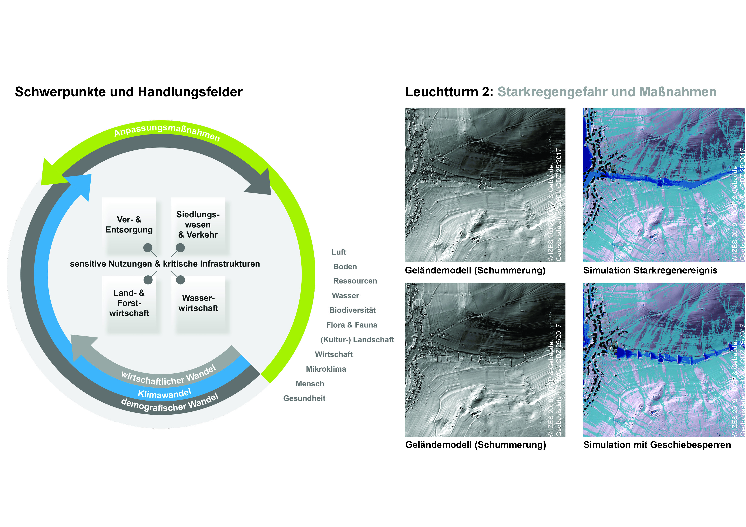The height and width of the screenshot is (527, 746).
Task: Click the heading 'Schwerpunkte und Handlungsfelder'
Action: click(129, 92)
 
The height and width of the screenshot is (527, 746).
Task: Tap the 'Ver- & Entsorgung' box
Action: click(129, 225)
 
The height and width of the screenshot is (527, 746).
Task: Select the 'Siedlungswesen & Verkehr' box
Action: click(198, 225)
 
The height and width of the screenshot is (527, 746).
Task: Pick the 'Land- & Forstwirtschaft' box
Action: click(129, 303)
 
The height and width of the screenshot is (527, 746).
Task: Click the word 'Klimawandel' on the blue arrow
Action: click(164, 393)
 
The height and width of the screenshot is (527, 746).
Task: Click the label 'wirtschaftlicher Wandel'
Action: click(168, 376)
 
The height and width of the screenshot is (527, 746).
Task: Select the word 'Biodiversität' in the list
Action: click(352, 310)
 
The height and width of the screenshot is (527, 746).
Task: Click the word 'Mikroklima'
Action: click(326, 369)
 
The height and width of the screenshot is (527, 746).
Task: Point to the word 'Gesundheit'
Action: click(304, 398)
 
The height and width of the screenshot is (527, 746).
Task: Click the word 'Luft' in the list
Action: click(339, 252)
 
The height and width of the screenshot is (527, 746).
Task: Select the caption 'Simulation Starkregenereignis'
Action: click(650, 271)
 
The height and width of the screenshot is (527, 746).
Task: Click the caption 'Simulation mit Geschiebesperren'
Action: click(657, 445)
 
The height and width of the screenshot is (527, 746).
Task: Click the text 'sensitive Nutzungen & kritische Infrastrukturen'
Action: click(165, 264)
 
